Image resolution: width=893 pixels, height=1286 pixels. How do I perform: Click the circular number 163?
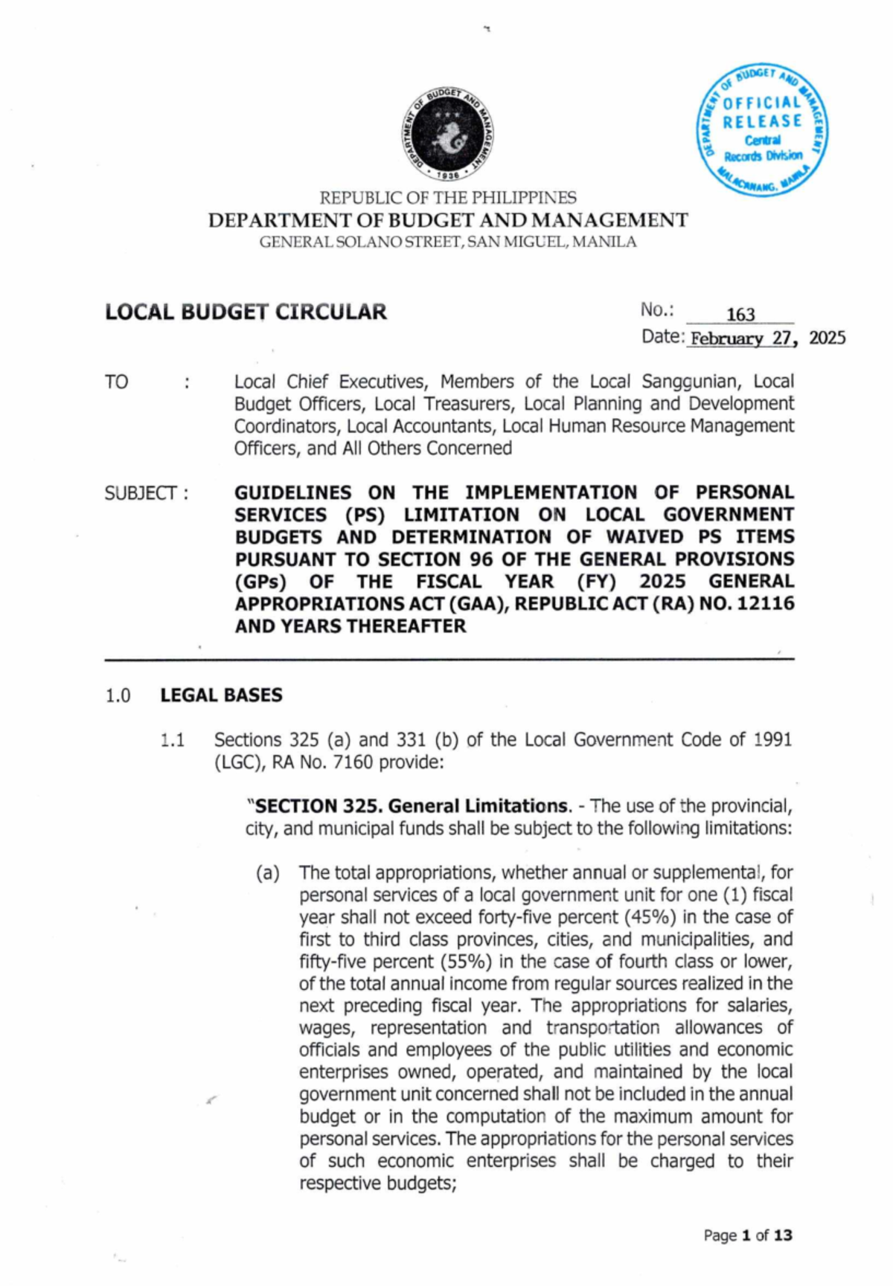pyautogui.click(x=740, y=315)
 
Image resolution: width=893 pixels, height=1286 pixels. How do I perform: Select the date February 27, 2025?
pyautogui.click(x=766, y=338)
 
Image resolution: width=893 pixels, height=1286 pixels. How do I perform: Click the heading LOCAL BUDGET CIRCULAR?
pyautogui.click(x=246, y=312)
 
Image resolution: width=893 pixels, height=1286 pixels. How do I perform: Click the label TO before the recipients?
pyautogui.click(x=117, y=382)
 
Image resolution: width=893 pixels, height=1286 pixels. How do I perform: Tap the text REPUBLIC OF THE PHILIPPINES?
pyautogui.click(x=448, y=198)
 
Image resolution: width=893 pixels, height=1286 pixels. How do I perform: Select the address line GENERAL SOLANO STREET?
pyautogui.click(x=448, y=242)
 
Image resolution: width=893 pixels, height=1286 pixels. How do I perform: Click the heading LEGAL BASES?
pyautogui.click(x=221, y=695)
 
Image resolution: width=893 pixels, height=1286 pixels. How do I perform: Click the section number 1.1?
pyautogui.click(x=172, y=740)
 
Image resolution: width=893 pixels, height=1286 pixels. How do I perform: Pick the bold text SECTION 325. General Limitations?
pyautogui.click(x=410, y=806)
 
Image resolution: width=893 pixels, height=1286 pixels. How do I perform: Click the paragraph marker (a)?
pyautogui.click(x=268, y=873)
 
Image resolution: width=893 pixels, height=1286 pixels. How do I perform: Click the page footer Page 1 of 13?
pyautogui.click(x=748, y=1235)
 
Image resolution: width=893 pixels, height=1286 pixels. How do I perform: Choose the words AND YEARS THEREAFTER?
pyautogui.click(x=351, y=626)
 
